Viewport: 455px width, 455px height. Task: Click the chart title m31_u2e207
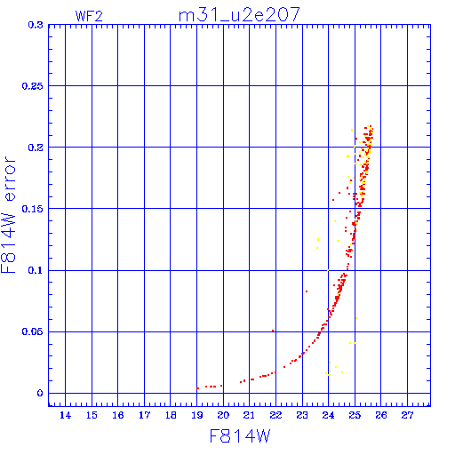coord(239,15)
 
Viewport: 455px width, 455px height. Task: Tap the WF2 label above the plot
coord(89,16)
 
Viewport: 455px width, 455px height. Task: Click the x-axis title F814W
coord(240,436)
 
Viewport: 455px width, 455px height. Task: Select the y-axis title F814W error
coord(9,214)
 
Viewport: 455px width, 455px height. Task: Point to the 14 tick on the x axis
coord(66,415)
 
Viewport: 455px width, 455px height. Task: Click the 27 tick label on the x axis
coord(407,415)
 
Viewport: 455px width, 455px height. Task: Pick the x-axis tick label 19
coord(197,415)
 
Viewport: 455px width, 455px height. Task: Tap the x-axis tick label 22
coord(275,415)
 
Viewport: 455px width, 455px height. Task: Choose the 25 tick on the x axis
coord(355,415)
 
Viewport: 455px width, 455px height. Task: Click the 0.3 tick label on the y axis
coord(36,25)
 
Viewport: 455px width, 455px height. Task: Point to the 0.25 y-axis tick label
coord(33,86)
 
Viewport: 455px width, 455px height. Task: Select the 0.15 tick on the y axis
coord(33,209)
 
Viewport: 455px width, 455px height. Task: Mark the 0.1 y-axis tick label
coord(36,270)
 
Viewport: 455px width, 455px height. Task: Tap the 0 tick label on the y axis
coord(40,393)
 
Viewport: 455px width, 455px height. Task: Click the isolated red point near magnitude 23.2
coord(307,291)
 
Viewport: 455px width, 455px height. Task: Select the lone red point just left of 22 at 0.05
coord(273,331)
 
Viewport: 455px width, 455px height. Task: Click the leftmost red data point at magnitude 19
coord(197,388)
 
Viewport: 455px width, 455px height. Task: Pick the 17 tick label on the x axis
coord(144,415)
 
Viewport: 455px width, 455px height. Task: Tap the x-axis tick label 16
coord(118,415)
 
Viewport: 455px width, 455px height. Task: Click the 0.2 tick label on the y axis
coord(36,148)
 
